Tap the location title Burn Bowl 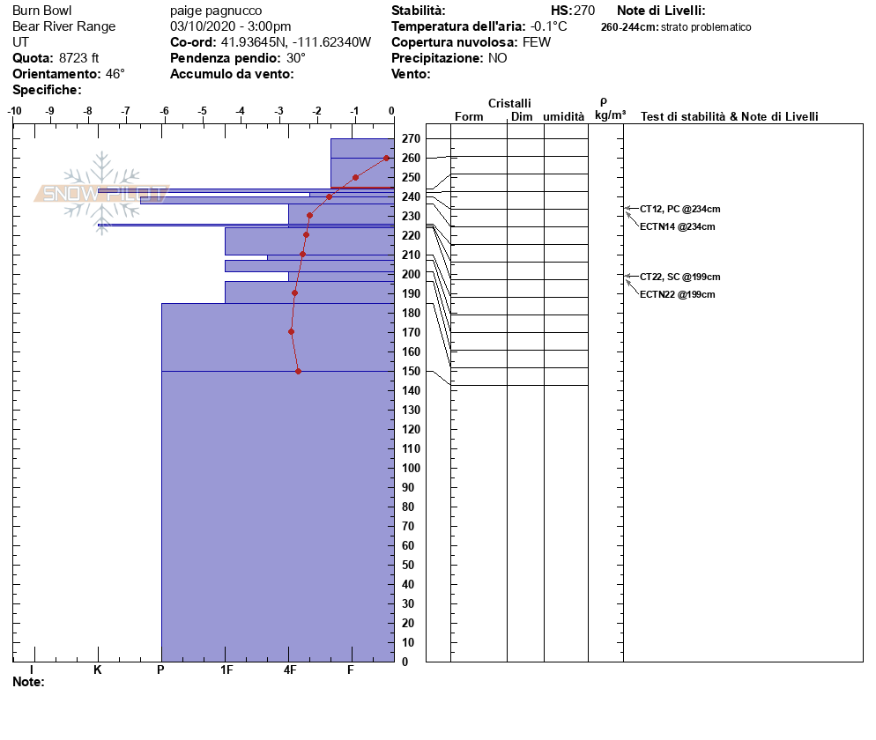[41, 11]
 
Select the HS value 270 [584, 11]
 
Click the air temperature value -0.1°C [549, 26]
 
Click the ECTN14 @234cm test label [677, 226]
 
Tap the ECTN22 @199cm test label [677, 294]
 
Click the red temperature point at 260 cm [386, 158]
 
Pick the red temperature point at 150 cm [298, 371]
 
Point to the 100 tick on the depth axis [410, 468]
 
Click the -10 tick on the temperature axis [14, 110]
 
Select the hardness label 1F [226, 670]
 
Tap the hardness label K [98, 670]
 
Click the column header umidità [563, 116]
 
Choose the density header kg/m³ [610, 115]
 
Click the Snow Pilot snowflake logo [102, 192]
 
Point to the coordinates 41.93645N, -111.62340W [296, 42]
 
